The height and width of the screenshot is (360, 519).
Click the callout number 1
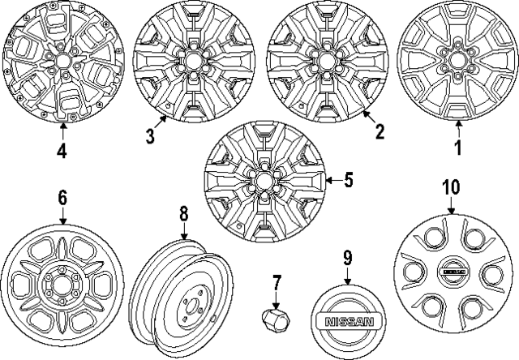(457, 149)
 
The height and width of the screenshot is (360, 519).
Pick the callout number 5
(349, 179)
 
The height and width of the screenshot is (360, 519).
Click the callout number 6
(62, 199)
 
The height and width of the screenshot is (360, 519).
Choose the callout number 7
(276, 284)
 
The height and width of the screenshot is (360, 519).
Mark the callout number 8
(183, 214)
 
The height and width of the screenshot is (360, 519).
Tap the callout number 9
(347, 259)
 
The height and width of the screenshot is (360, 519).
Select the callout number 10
(450, 187)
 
